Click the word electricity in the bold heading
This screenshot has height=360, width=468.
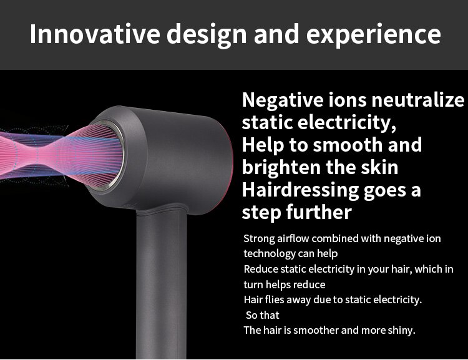343,122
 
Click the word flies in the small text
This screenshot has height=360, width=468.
276,299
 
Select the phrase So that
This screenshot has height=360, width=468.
263,315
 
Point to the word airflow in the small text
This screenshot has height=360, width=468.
293,238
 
